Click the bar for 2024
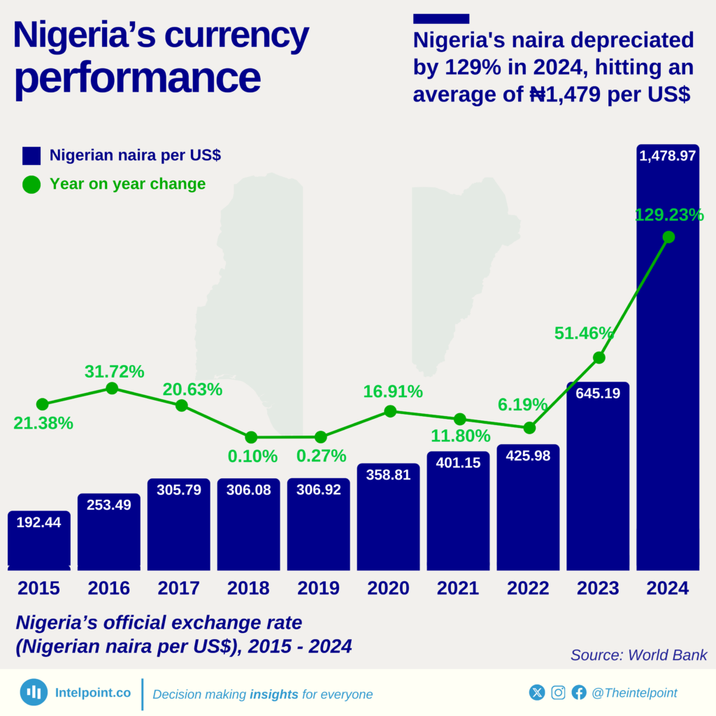coord(668,364)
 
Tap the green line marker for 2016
coord(111,388)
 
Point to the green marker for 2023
coord(599,357)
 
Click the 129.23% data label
coord(668,215)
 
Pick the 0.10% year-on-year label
coord(252,457)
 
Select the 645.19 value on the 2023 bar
coord(598,393)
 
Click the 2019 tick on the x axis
coord(318,588)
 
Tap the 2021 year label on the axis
coord(458,588)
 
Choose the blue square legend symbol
coord(31,156)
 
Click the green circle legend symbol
coord(31,185)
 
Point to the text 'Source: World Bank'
coord(638,655)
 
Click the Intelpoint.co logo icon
coord(34,692)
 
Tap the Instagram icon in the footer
coord(558,692)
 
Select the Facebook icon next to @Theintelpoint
coord(579,692)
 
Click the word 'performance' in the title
coord(137,78)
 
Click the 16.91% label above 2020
coord(392,392)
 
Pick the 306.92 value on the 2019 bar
coord(318,489)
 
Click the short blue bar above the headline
coord(441,19)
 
